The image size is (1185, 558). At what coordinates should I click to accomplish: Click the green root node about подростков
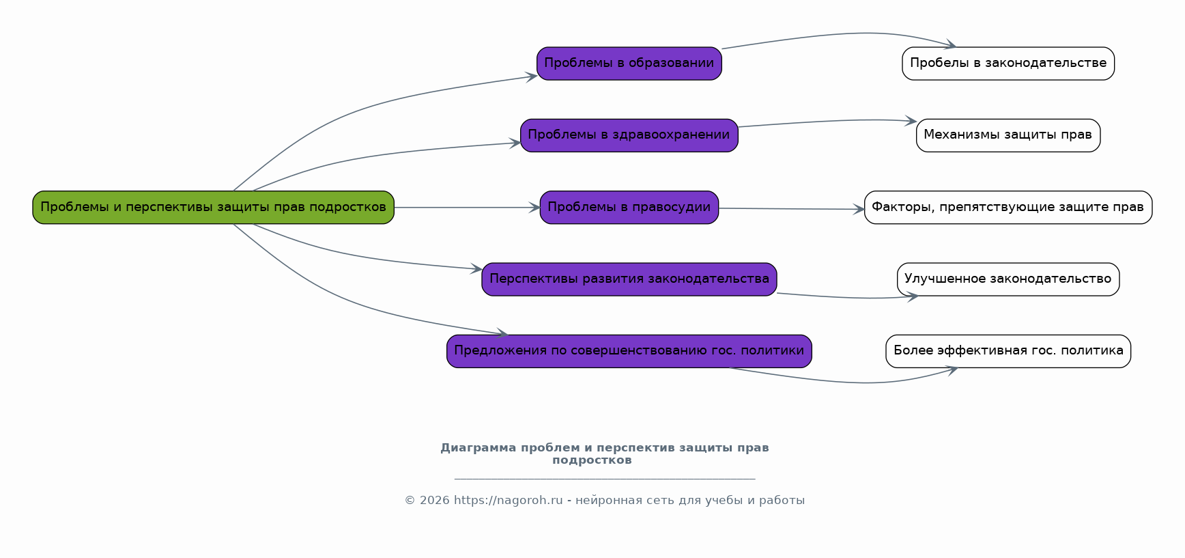213,207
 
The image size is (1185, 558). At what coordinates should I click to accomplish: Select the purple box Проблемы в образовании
629,64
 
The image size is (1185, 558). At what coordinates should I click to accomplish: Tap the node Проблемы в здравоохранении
629,135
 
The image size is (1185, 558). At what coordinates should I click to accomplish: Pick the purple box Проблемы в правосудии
629,207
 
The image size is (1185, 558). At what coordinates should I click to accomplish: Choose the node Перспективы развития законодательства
629,279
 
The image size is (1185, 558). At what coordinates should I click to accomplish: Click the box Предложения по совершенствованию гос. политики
629,351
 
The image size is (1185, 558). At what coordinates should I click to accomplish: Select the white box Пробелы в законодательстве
1008,64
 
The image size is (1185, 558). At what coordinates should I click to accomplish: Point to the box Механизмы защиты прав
1008,135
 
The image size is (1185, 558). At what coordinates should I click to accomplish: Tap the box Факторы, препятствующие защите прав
1008,207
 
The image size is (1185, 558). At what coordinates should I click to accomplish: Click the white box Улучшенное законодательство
1008,279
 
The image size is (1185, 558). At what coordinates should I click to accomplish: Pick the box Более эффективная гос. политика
1008,351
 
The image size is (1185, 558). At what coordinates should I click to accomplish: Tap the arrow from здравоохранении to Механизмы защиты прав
826,122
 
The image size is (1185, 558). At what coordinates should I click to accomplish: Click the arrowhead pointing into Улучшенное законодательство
912,296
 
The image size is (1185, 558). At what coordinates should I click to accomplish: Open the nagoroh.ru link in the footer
508,501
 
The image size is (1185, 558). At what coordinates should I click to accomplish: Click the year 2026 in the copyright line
435,501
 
